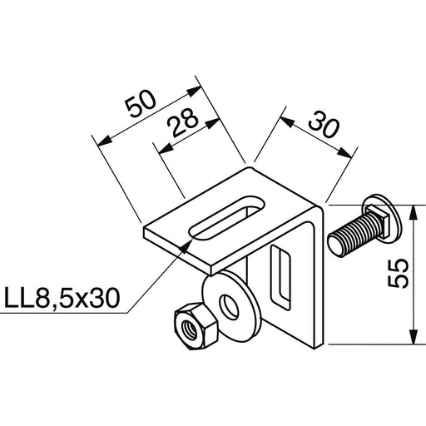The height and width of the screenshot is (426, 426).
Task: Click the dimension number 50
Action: [140, 103]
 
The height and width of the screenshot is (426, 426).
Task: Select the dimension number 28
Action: [184, 122]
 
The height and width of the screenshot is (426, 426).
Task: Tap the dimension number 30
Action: [324, 125]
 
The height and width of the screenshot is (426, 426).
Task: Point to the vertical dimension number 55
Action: [398, 274]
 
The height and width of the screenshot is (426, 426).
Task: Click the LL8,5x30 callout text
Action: [62, 298]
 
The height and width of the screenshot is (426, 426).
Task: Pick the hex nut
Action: [196, 329]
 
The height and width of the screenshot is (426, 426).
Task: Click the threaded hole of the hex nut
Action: [191, 330]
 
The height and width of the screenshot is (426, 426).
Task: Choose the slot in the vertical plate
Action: [281, 276]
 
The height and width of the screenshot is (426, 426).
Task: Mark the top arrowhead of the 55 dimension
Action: [414, 211]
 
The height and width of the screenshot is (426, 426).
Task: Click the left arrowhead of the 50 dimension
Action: [105, 141]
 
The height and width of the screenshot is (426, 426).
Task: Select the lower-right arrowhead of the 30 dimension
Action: [344, 152]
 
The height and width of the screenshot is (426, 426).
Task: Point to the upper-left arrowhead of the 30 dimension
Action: [287, 122]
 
